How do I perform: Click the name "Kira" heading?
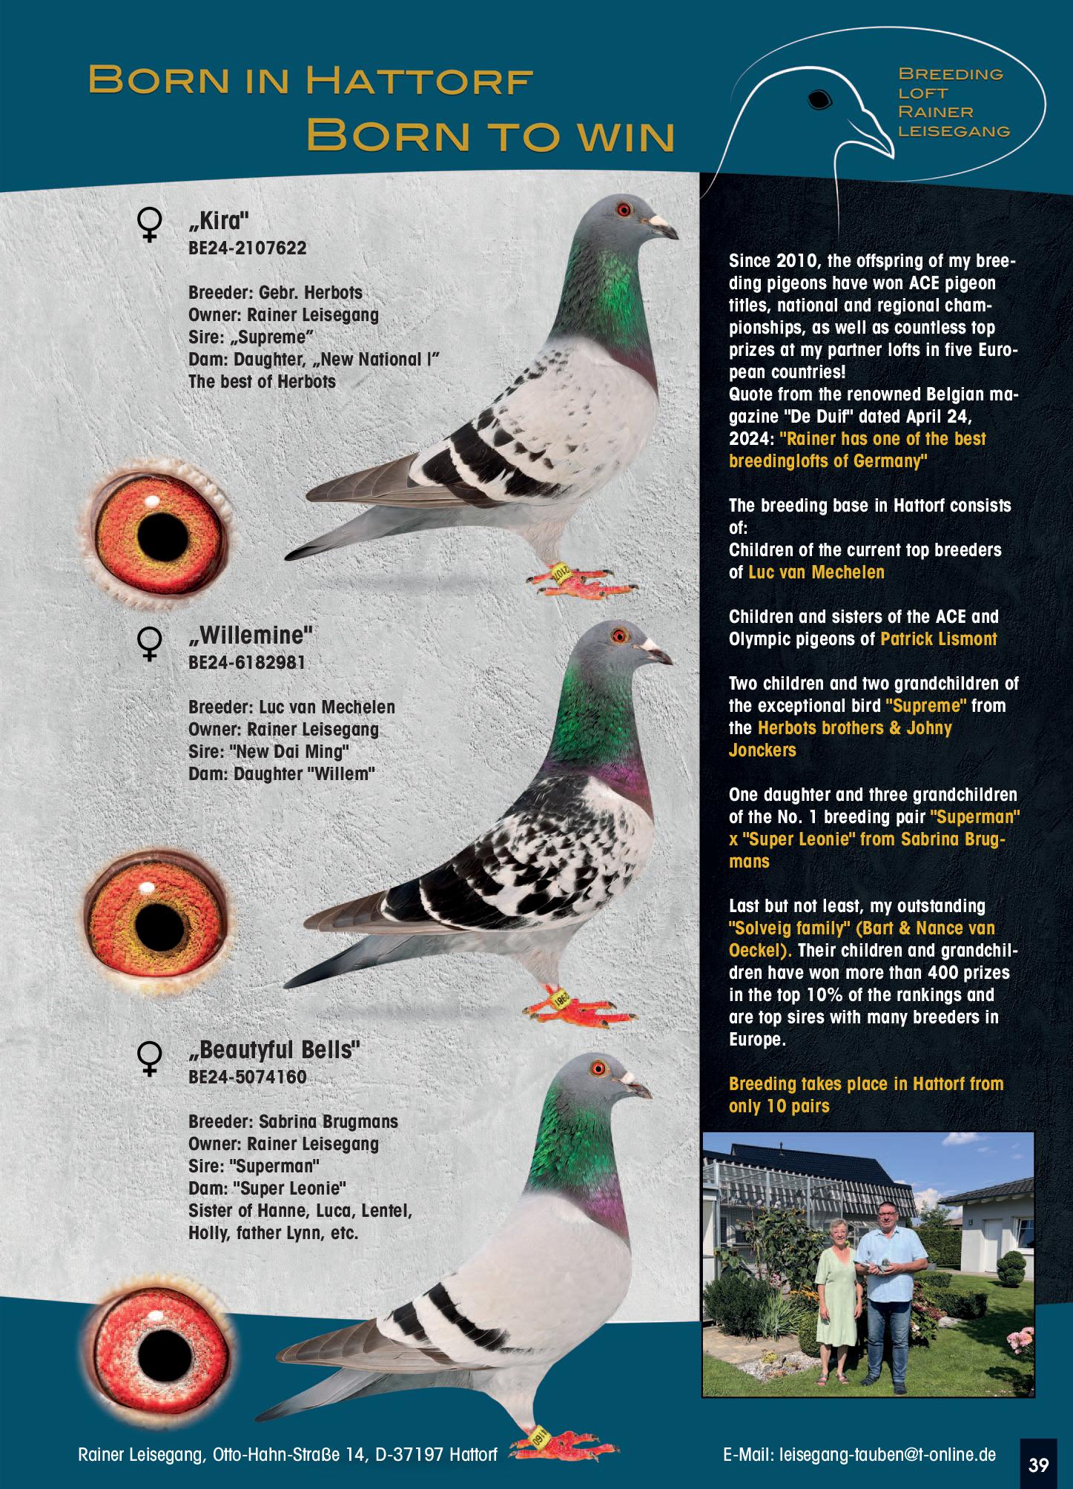point(219,222)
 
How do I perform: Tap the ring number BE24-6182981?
point(247,662)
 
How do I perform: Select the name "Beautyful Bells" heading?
point(274,1051)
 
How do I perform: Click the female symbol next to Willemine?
point(150,644)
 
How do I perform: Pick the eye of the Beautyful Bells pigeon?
point(598,1069)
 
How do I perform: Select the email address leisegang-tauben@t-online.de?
point(888,1454)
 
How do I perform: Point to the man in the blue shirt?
point(892,1290)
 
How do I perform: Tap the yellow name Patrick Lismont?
point(938,639)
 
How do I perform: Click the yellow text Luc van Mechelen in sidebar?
point(816,572)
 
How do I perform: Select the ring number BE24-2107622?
point(247,248)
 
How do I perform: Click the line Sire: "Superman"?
point(254,1166)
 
